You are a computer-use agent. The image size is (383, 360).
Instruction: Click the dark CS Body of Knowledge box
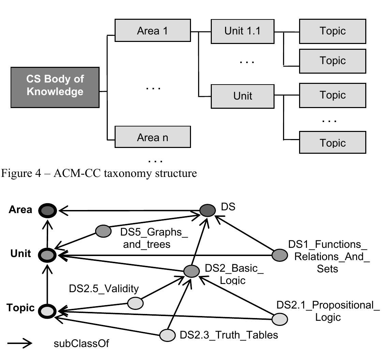[55, 87]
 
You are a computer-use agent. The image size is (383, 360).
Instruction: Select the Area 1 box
[152, 31]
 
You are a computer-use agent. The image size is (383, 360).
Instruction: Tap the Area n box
[152, 138]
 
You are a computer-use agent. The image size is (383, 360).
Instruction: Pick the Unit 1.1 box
[242, 31]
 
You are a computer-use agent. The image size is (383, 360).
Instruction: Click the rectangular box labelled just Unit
[242, 96]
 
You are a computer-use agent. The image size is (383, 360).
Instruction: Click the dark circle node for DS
[208, 210]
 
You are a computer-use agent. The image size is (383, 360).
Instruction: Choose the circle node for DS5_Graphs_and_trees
[103, 231]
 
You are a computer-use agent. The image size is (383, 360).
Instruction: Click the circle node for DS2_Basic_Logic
[191, 271]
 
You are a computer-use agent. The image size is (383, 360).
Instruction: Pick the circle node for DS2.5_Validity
[135, 303]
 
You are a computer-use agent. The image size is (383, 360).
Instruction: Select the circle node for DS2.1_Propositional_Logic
[280, 319]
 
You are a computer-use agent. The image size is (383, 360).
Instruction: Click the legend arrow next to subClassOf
[20, 344]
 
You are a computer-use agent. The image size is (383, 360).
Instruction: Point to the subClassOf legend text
[81, 343]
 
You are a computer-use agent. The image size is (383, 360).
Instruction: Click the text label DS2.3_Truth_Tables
[229, 335]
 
